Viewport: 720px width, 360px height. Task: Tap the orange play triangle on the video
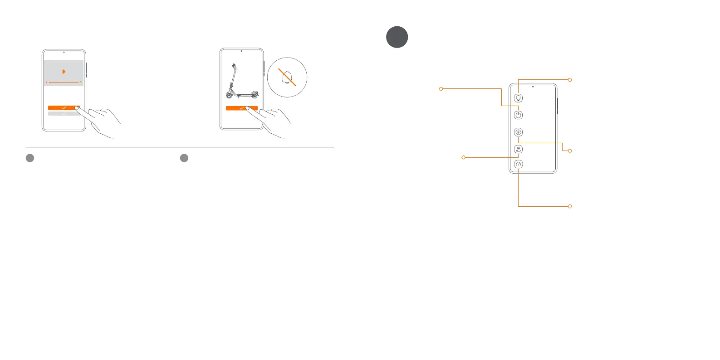click(64, 72)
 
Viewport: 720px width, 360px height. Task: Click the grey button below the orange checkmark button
click(64, 114)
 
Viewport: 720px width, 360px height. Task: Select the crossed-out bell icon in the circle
click(287, 78)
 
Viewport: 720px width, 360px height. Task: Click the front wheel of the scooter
click(230, 94)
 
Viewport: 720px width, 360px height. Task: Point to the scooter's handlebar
click(233, 65)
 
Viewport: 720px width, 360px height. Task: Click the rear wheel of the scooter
click(255, 95)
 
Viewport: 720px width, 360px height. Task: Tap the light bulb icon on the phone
click(519, 98)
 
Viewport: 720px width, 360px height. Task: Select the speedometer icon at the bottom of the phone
click(519, 165)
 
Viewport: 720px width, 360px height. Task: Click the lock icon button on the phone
click(519, 149)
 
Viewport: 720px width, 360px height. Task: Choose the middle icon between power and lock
click(519, 132)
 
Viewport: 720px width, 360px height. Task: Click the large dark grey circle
click(397, 37)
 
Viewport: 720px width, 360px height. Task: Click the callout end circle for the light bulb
click(570, 80)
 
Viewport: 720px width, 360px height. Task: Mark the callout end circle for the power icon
click(441, 89)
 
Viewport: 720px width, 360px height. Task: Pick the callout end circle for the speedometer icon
click(570, 206)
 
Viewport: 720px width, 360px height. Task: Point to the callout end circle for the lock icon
click(463, 157)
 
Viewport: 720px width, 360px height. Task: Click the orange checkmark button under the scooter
click(241, 108)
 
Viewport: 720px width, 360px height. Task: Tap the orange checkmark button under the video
click(64, 108)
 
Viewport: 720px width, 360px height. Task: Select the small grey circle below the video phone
click(30, 158)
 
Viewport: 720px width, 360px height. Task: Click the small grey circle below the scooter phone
click(184, 158)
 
